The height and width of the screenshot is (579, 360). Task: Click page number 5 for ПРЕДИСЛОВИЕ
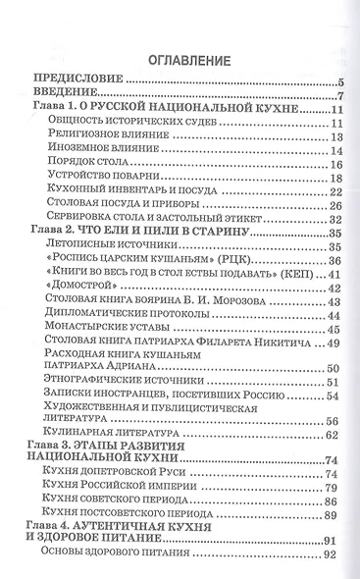pyautogui.click(x=335, y=81)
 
